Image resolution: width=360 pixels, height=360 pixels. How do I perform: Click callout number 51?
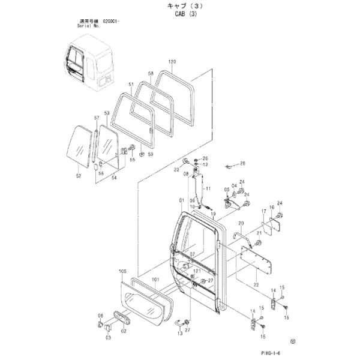click(131, 84)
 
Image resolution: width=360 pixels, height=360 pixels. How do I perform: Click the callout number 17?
click(262, 212)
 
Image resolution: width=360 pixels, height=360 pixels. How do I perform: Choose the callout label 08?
click(186, 174)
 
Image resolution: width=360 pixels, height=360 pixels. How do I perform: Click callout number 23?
click(177, 170)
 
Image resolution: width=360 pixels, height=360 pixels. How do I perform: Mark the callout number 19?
click(212, 214)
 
